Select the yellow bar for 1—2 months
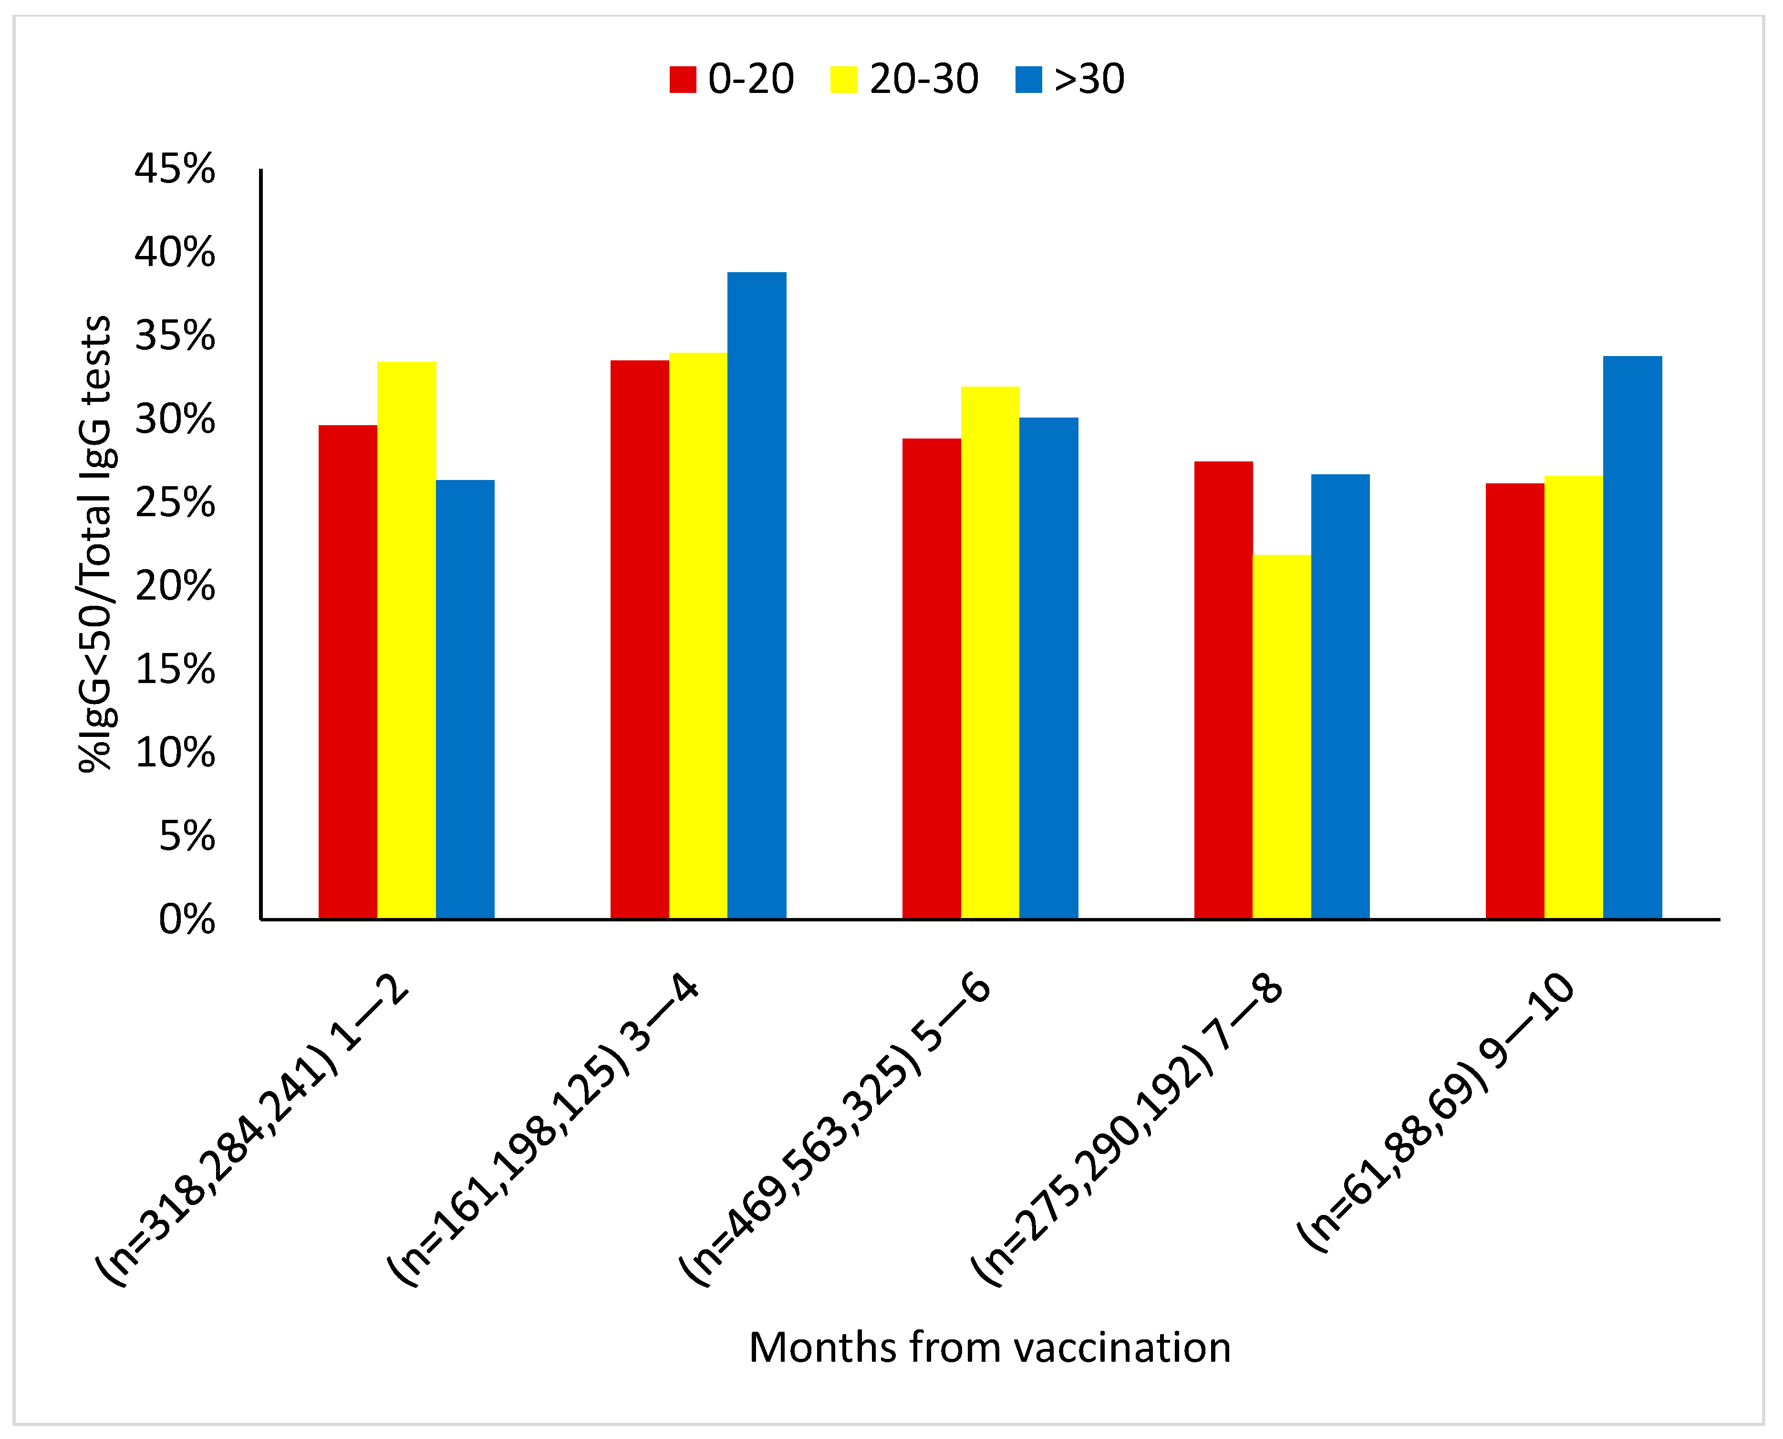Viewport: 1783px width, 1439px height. click(406, 640)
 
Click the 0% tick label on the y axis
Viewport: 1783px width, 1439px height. click(187, 920)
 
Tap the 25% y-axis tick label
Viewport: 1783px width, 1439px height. click(175, 503)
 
